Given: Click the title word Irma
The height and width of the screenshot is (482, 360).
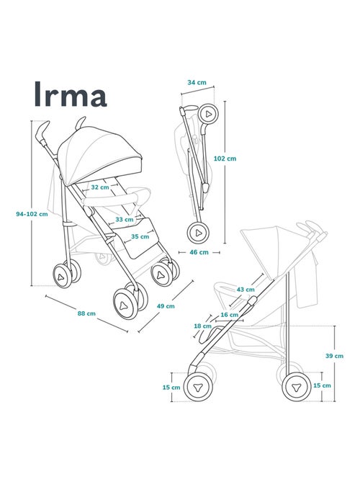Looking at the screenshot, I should click(x=70, y=94).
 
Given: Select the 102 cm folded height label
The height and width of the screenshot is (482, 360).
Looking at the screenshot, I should click(x=225, y=159).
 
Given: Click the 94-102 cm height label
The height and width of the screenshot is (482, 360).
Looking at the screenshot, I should click(x=32, y=213).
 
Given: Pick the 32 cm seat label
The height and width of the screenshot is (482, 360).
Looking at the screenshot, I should click(x=99, y=187).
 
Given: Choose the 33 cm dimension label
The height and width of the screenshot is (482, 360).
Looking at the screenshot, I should click(x=124, y=219).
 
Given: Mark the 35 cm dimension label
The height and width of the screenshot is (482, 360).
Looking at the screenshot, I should click(x=140, y=236).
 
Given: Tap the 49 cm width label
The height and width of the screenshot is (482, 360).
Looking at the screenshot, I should click(x=165, y=306).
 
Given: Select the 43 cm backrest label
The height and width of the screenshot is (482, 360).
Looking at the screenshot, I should click(x=246, y=290).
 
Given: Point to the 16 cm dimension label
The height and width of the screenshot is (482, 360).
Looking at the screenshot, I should click(x=229, y=315).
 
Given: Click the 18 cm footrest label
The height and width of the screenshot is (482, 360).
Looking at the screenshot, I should click(x=203, y=326).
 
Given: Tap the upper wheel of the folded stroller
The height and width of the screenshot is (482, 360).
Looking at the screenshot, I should click(x=208, y=114).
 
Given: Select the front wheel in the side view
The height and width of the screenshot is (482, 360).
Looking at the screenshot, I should click(x=197, y=387).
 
